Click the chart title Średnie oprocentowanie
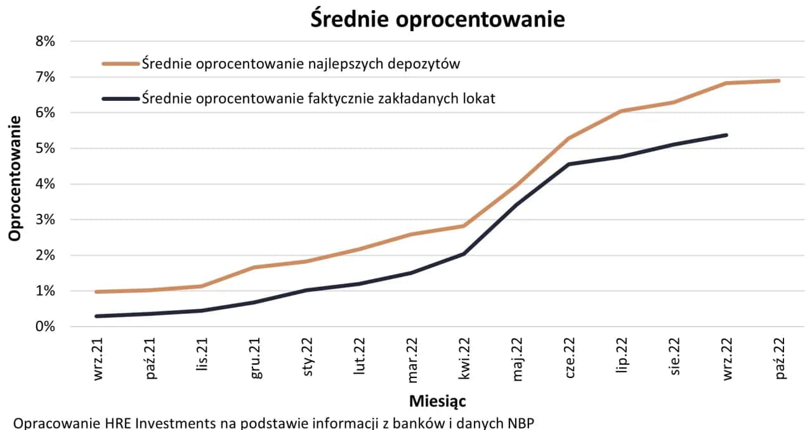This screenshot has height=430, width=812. (x=437, y=19)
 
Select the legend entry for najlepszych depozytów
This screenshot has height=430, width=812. (x=301, y=63)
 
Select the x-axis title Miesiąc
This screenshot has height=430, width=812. (x=438, y=401)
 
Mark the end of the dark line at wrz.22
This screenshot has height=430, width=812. (x=726, y=135)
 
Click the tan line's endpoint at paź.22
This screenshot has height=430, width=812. (x=779, y=81)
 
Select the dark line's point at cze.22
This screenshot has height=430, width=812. (x=569, y=164)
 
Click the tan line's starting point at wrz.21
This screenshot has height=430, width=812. (x=96, y=292)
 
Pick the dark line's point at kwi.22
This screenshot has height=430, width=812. (x=464, y=254)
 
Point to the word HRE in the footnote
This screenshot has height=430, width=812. (x=121, y=423)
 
